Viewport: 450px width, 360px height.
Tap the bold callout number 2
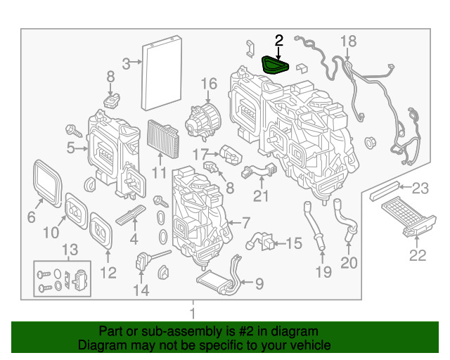[278, 41]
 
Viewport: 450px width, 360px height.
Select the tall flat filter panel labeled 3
[162, 73]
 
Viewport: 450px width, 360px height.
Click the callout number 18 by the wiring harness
[349, 41]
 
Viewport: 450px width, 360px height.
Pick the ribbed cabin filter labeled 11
[162, 139]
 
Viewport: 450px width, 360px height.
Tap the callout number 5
[70, 148]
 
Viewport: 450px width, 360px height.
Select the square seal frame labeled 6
[48, 183]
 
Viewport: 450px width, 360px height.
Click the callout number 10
[51, 232]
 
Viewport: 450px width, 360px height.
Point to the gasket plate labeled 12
[101, 231]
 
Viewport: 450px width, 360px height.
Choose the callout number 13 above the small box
[70, 250]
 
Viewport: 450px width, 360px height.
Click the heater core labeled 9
[217, 282]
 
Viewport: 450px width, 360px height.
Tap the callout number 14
[141, 290]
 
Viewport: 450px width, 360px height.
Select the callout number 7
[246, 223]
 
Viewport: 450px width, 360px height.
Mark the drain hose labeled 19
[314, 226]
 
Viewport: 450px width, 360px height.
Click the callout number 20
[349, 263]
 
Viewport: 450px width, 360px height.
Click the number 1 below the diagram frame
[193, 313]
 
